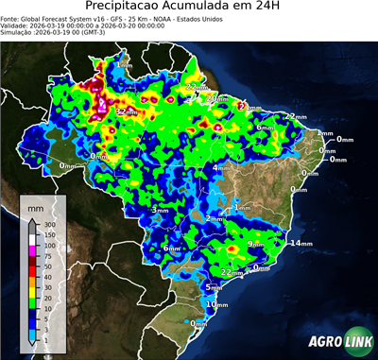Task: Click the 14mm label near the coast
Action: tap(301, 244)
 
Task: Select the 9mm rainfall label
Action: tap(255, 244)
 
